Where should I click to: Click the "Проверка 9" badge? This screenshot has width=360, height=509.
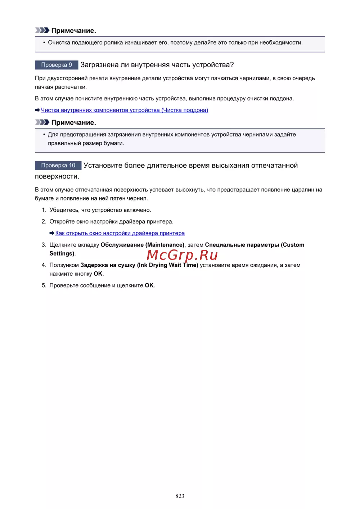[57, 65]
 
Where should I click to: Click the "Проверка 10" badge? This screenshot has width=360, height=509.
[58, 166]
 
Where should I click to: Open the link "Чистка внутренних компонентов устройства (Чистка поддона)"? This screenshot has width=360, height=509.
[124, 110]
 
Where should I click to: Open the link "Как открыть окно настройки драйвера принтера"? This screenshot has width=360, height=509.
[120, 233]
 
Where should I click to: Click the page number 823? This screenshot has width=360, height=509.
[180, 496]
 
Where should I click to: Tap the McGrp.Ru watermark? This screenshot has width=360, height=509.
[182, 255]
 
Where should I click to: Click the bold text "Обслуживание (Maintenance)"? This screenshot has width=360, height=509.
[142, 245]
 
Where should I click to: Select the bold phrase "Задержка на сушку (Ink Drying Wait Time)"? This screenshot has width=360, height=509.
[139, 265]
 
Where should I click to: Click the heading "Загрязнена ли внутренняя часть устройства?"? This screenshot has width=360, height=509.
[157, 65]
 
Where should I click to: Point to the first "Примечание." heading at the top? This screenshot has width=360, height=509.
[73, 31]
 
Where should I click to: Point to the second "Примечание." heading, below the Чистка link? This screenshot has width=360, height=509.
[73, 122]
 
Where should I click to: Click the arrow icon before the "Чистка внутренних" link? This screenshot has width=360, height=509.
[37, 110]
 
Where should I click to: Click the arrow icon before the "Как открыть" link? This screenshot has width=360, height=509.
[52, 233]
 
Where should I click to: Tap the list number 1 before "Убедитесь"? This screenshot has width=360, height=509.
[44, 210]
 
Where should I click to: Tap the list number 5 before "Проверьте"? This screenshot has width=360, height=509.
[44, 285]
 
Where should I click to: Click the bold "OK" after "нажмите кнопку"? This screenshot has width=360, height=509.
[98, 274]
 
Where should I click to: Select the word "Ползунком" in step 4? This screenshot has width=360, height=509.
[64, 265]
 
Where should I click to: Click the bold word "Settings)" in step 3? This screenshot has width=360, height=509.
[62, 253]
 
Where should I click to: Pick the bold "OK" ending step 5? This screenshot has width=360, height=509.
[149, 285]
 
